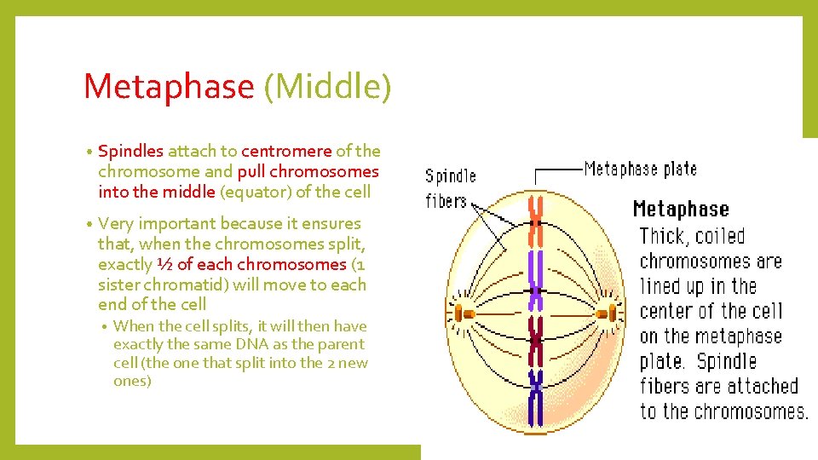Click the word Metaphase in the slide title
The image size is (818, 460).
pyautogui.click(x=168, y=87)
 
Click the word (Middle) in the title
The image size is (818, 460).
pyautogui.click(x=327, y=87)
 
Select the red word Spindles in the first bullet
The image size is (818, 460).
pyautogui.click(x=130, y=151)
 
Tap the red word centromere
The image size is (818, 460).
pyautogui.click(x=286, y=151)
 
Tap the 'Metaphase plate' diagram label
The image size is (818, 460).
pyautogui.click(x=640, y=168)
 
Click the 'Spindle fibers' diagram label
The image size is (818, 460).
pyautogui.click(x=449, y=188)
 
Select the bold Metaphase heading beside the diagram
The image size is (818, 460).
pyautogui.click(x=681, y=209)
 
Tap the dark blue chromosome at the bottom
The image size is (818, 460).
pyautogui.click(x=536, y=395)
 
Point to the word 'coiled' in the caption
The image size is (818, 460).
pyautogui.click(x=720, y=237)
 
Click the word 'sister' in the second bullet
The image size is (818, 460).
pyautogui.click(x=122, y=285)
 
